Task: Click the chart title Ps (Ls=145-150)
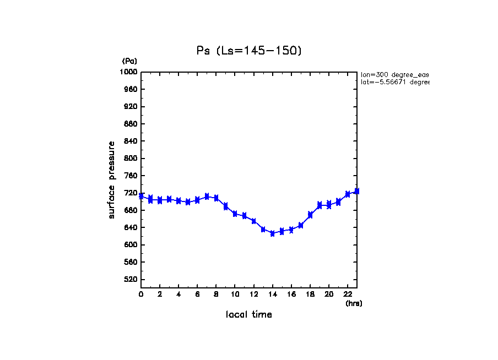pyautogui.click(x=249, y=51)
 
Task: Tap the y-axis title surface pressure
pyautogui.click(x=112, y=179)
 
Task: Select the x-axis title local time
pyautogui.click(x=249, y=315)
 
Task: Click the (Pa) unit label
pyautogui.click(x=129, y=61)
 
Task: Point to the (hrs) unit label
pyautogui.click(x=354, y=303)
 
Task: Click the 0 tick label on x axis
pyautogui.click(x=141, y=294)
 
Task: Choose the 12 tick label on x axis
pyautogui.click(x=253, y=294)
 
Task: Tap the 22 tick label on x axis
pyautogui.click(x=348, y=294)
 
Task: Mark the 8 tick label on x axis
pyautogui.click(x=216, y=294)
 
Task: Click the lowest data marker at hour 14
pyautogui.click(x=272, y=233)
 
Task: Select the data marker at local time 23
pyautogui.click(x=357, y=191)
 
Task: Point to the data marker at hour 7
pyautogui.click(x=207, y=197)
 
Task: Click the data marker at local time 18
pyautogui.click(x=310, y=215)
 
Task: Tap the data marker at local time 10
pyautogui.click(x=235, y=214)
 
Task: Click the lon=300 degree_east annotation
pyautogui.click(x=394, y=74)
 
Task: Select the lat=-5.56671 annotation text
pyautogui.click(x=394, y=82)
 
